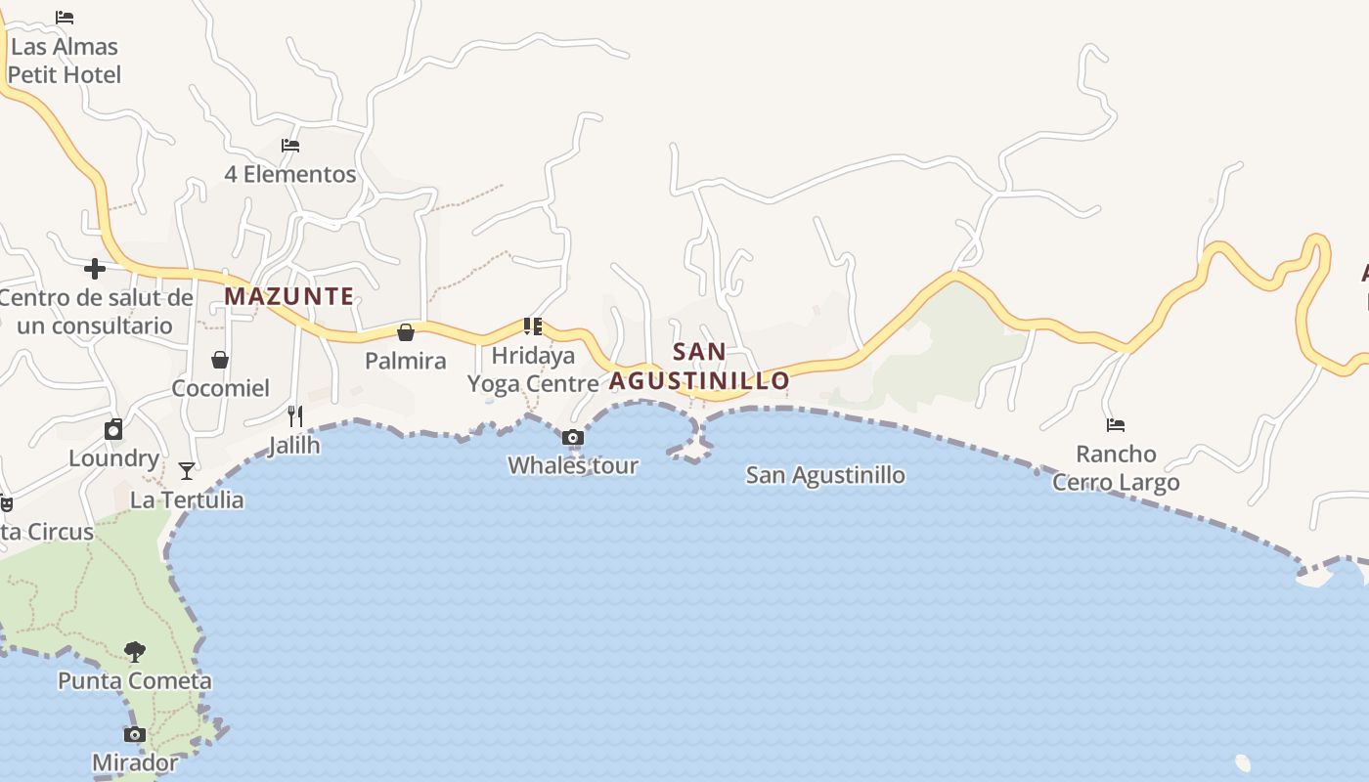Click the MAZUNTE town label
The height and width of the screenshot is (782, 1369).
(289, 296)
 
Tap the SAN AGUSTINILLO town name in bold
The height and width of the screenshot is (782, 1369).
(699, 367)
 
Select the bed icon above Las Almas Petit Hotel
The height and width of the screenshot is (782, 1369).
(65, 18)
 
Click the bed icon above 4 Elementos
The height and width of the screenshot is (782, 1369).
(290, 146)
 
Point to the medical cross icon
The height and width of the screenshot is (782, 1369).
(95, 268)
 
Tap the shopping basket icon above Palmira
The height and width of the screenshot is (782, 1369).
(405, 332)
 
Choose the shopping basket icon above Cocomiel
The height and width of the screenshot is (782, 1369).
(220, 360)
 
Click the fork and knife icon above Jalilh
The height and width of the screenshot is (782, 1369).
(295, 416)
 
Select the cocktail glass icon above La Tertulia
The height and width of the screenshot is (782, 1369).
(187, 471)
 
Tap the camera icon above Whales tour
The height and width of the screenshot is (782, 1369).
(573, 437)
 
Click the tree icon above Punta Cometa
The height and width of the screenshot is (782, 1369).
(135, 651)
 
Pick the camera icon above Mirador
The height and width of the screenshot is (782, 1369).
(135, 734)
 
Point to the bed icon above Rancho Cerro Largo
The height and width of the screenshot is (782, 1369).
(1116, 425)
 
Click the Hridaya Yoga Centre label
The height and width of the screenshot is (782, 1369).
(533, 369)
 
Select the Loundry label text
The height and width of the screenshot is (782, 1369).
(113, 458)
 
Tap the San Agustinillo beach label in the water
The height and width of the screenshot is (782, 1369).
(825, 476)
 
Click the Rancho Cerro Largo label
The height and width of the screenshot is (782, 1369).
(1116, 468)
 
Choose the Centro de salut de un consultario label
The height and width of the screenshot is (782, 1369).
(95, 312)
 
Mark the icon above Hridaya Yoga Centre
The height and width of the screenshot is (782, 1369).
(533, 326)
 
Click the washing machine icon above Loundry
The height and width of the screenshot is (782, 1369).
(113, 430)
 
